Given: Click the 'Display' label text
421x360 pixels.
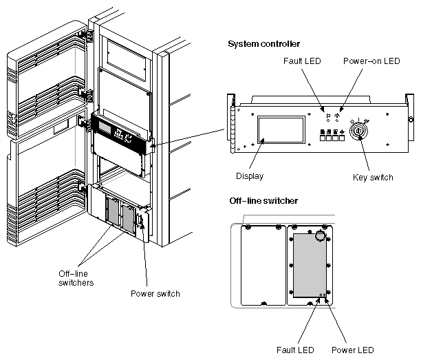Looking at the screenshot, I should point(248,176).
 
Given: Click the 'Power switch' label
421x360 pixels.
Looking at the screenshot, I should point(155,294).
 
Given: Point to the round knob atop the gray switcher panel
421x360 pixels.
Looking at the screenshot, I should point(319,236).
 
